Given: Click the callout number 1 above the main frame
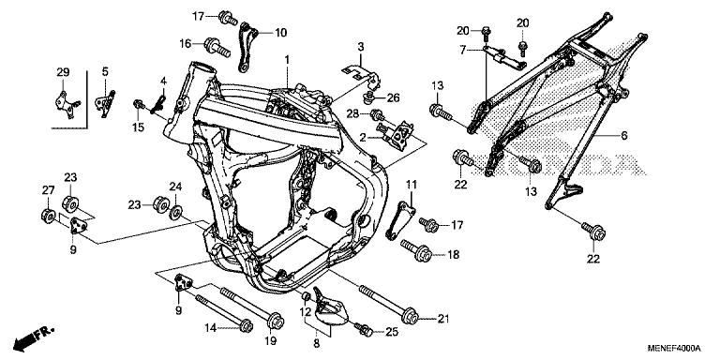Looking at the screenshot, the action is (287, 60).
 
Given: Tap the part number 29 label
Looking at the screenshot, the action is (63, 72).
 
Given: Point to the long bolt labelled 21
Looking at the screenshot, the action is (389, 304).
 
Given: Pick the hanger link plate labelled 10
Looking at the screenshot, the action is (247, 47).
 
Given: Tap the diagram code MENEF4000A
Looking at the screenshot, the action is (674, 348).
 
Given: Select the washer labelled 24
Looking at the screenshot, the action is (175, 213).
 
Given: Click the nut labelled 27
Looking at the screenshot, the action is (48, 216).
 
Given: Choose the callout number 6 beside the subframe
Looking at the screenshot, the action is (624, 136).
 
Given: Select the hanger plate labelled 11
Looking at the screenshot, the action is (400, 221).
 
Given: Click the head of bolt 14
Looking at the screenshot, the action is (247, 325).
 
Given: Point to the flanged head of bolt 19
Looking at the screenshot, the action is (276, 321).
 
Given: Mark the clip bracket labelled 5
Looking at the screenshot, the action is (106, 103).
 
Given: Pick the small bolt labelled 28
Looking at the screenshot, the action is (378, 114).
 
